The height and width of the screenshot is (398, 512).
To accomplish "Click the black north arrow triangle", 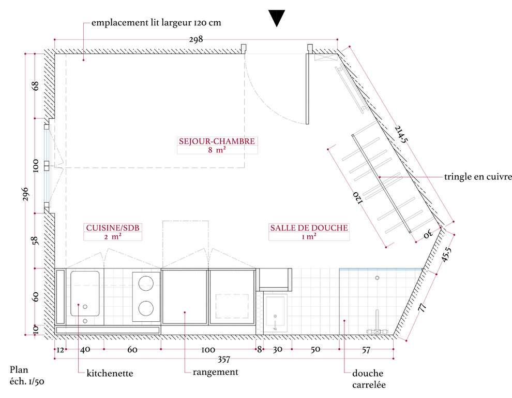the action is [277, 18].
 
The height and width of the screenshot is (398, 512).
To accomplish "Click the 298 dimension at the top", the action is [196, 39].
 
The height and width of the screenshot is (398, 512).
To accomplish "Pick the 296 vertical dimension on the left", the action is [25, 194].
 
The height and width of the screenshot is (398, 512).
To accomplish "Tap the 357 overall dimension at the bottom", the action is [224, 360].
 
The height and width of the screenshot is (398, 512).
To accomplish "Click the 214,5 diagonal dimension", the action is [401, 134].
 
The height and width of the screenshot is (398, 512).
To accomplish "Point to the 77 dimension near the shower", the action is [422, 307].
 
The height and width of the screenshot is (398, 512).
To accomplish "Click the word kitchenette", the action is [110, 374].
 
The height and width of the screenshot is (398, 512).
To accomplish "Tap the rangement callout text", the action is [216, 373].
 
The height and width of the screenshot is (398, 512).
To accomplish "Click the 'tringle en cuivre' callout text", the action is [478, 177].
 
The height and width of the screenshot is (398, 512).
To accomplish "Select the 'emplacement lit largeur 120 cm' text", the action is [156, 23].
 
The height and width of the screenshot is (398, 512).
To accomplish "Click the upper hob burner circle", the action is [146, 283].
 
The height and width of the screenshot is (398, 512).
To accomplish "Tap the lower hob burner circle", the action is [146, 308].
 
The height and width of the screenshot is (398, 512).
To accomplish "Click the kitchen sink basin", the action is [85, 294].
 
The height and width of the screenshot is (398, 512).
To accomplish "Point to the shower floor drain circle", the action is [377, 278].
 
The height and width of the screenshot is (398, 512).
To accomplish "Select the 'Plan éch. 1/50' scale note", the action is [27, 375].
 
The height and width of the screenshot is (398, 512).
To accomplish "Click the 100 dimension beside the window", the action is [36, 166].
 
